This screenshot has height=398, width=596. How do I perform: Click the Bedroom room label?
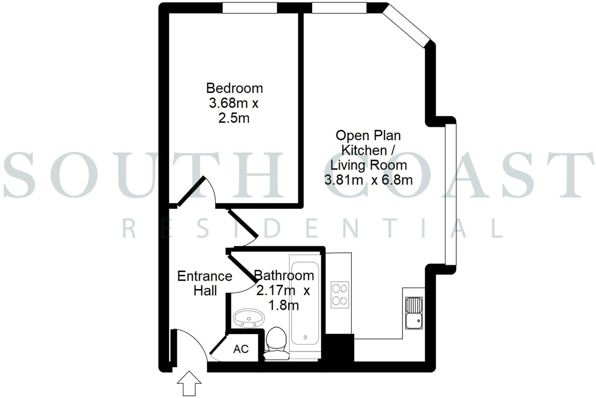point(234,88)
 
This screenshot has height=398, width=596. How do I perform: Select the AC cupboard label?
point(241,349)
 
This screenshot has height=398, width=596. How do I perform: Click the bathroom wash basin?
point(249,319)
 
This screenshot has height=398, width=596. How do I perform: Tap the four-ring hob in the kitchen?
point(340,295)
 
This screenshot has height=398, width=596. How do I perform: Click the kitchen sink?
point(414,313)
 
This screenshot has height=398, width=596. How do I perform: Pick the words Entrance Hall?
point(205,283)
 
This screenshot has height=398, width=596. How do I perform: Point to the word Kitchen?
point(364,151)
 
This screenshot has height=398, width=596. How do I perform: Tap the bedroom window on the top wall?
point(250,8)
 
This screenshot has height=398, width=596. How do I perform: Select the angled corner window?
point(406,26)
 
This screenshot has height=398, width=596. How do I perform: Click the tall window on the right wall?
point(450,194)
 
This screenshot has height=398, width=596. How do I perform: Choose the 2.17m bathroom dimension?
point(275,291)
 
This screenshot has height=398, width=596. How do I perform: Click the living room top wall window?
point(339,8)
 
